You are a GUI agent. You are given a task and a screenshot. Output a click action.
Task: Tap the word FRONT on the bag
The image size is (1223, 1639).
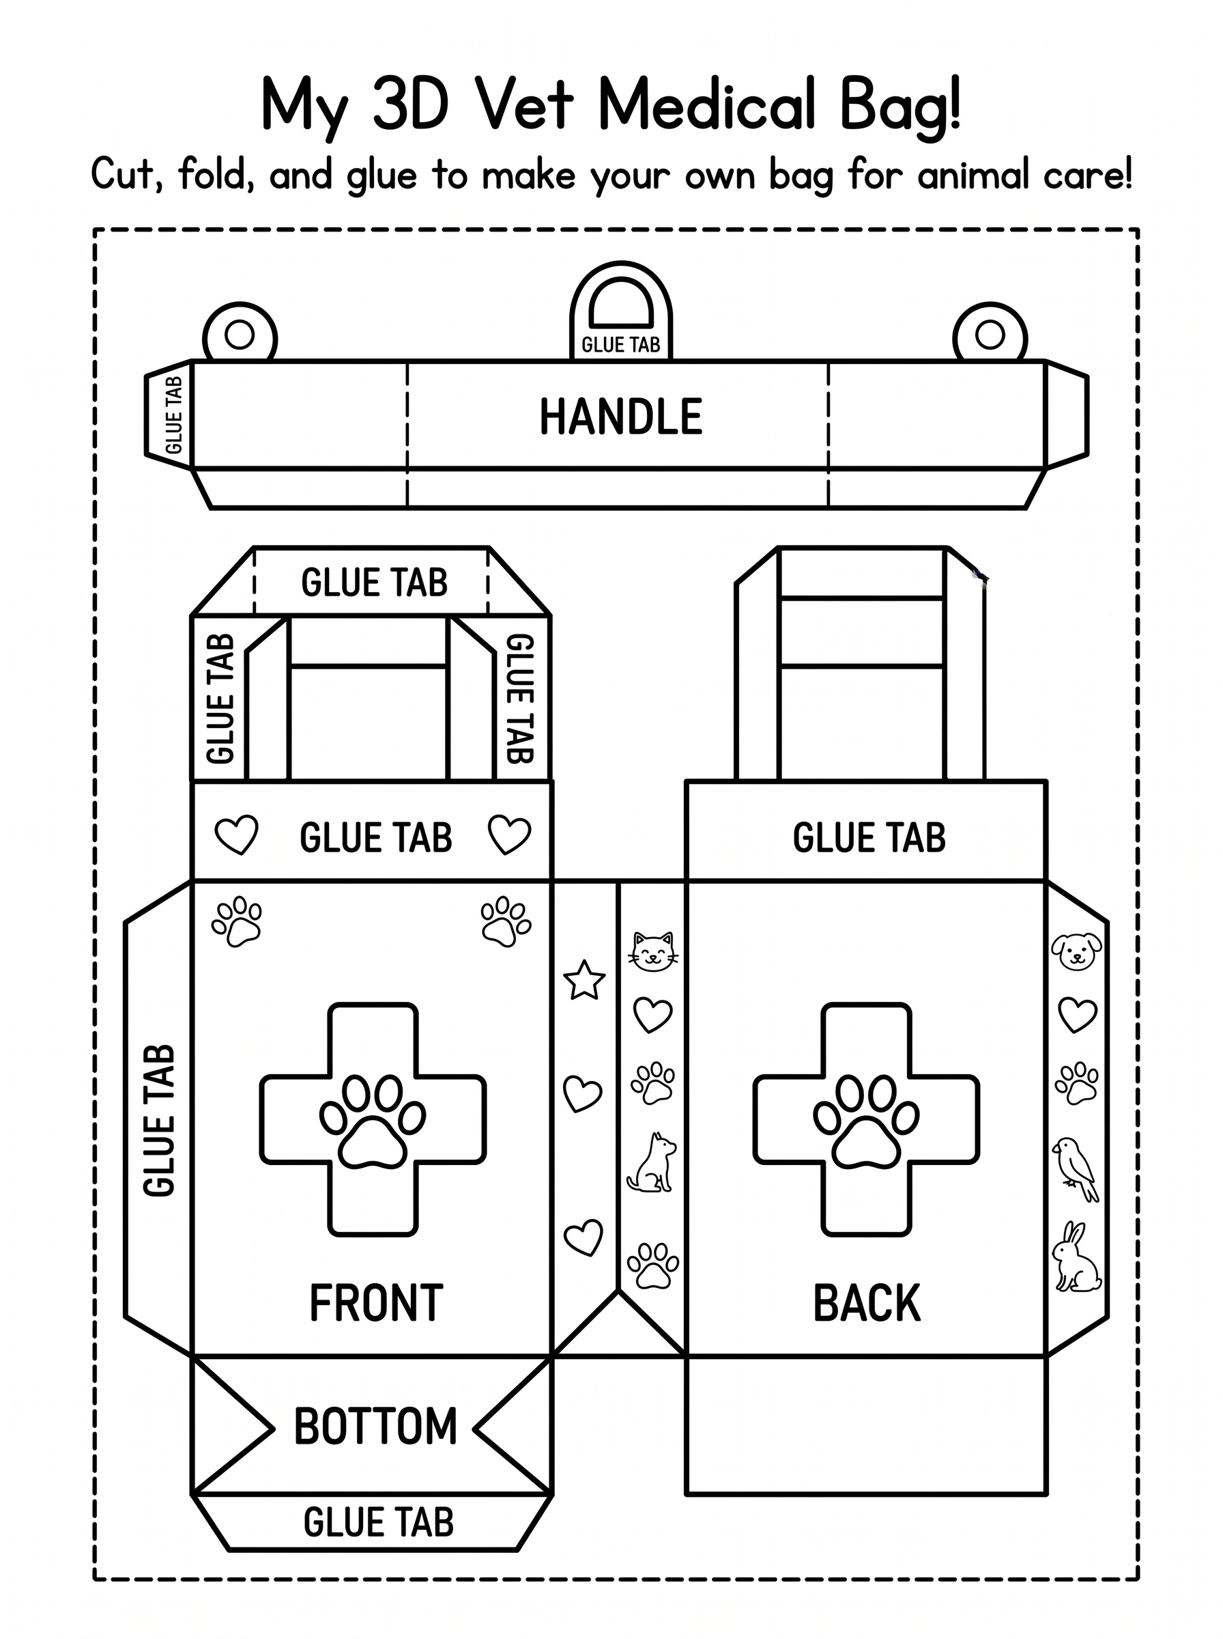376,1304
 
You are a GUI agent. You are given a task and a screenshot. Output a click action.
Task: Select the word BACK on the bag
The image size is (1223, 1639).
867,1304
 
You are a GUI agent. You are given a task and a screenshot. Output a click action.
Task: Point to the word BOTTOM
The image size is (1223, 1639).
376,1427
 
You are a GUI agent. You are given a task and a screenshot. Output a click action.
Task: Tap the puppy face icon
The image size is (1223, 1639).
1076,951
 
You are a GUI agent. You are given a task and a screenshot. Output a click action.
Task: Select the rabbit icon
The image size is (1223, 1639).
1076,1257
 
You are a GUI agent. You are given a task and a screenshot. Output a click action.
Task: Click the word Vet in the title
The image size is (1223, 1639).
525,105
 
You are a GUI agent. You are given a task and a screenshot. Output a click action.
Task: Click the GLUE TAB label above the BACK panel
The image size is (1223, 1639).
869,838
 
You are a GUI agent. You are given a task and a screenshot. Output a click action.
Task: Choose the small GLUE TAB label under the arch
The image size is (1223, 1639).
620,344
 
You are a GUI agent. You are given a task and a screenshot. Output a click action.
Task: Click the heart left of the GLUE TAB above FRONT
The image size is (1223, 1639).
236,835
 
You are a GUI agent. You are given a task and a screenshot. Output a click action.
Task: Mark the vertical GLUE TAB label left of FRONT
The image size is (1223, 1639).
159,1121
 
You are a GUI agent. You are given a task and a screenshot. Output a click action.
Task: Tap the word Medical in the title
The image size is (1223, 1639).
706,105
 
